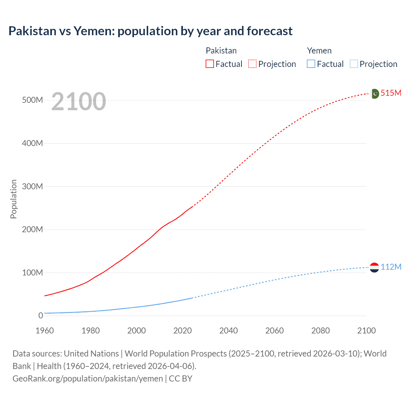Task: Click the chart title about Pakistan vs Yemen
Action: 150,31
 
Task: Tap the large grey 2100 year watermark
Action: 78,102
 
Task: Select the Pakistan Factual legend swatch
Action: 209,64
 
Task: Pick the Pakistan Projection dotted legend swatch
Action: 252,64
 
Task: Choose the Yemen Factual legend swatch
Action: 311,64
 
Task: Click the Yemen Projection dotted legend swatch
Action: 354,64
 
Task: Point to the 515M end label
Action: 391,93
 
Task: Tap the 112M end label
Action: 391,267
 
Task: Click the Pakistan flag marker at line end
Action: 374,94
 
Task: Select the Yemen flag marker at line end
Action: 374,267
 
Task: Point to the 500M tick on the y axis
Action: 32,100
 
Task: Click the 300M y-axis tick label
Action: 32,186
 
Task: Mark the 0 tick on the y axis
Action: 40,316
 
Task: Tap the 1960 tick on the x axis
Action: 45,331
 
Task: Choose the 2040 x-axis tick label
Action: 228,331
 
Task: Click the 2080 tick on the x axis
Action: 320,331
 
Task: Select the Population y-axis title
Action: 13,199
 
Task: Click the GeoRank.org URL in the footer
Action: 87,378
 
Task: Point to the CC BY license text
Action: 180,378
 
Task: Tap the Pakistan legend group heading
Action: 221,51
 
